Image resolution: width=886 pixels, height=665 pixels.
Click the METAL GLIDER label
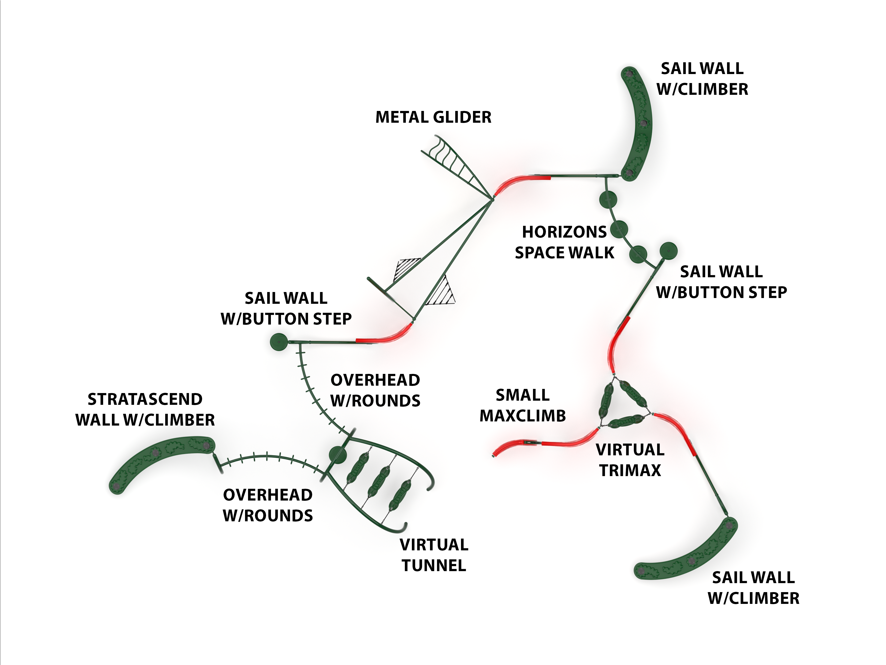(x=433, y=117)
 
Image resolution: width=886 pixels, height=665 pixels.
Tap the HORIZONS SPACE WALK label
(x=564, y=242)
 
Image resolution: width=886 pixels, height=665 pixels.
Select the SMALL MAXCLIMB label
(x=523, y=405)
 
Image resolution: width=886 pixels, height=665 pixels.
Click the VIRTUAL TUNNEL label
(x=434, y=555)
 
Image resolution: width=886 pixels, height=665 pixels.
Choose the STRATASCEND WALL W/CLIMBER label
(x=145, y=410)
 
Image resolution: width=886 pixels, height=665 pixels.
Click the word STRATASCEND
(x=145, y=399)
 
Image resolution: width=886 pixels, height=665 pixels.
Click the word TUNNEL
(x=434, y=565)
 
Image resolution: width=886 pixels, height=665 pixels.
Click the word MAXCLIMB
(x=523, y=416)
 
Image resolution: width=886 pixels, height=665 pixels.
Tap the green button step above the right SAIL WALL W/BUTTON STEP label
(x=668, y=251)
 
